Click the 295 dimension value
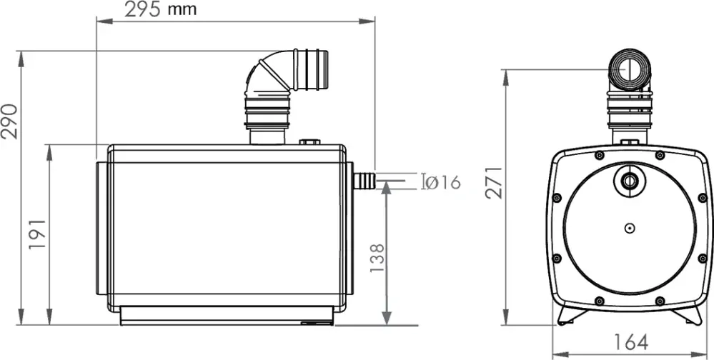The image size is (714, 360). click(x=142, y=9)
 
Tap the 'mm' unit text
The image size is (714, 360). click(x=182, y=10)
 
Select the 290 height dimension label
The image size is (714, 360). click(x=9, y=121)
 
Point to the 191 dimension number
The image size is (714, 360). click(x=38, y=234)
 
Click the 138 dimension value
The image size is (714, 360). click(x=377, y=258)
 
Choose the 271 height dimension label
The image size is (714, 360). click(x=494, y=183)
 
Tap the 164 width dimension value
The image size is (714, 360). click(x=630, y=342)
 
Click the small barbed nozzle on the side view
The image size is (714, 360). click(x=364, y=181)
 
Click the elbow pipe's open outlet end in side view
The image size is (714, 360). click(x=322, y=69)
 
